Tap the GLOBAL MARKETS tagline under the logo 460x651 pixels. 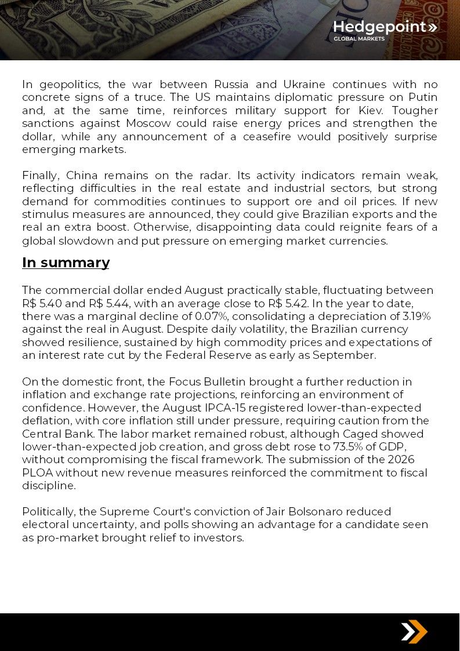[x=359, y=39]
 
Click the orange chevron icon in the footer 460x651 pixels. [x=414, y=631]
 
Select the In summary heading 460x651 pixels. [x=66, y=263]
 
